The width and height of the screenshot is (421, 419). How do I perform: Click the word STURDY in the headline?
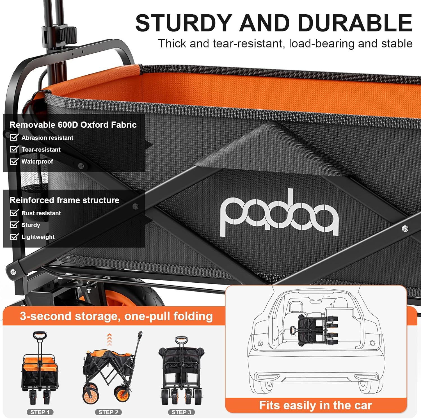click(184, 23)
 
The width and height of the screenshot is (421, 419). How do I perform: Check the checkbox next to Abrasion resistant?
click(14, 137)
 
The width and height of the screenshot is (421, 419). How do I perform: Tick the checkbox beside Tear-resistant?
click(14, 149)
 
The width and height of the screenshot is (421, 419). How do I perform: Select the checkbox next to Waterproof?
click(14, 161)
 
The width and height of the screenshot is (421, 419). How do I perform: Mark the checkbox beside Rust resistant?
click(14, 212)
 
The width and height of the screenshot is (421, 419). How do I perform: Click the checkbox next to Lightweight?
click(14, 237)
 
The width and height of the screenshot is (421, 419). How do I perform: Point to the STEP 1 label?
click(40, 412)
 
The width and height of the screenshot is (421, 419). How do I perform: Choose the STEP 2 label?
click(108, 412)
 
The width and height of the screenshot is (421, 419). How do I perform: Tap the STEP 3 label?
click(181, 412)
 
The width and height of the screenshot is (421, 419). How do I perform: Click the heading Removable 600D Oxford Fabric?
click(73, 125)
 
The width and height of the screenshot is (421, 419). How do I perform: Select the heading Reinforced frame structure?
click(65, 200)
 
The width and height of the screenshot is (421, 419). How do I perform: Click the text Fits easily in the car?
click(315, 405)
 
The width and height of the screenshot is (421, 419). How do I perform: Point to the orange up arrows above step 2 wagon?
click(109, 340)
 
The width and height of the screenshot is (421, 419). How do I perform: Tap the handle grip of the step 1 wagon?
click(40, 335)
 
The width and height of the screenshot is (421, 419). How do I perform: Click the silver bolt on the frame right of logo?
click(405, 229)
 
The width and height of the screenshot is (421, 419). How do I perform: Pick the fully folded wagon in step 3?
click(181, 370)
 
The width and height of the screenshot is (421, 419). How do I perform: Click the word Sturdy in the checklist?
click(31, 225)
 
